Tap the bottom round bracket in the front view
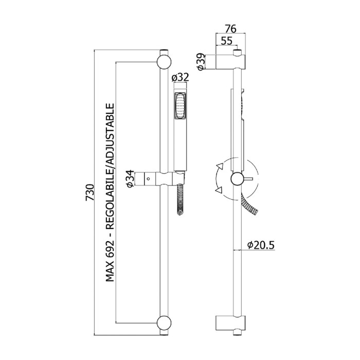pos(164,322)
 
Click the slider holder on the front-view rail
pos(161,178)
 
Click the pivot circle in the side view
pos(237,179)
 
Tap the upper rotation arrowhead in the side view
pos(220,165)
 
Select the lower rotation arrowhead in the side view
pos(220,191)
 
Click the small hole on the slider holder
pos(149,179)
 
